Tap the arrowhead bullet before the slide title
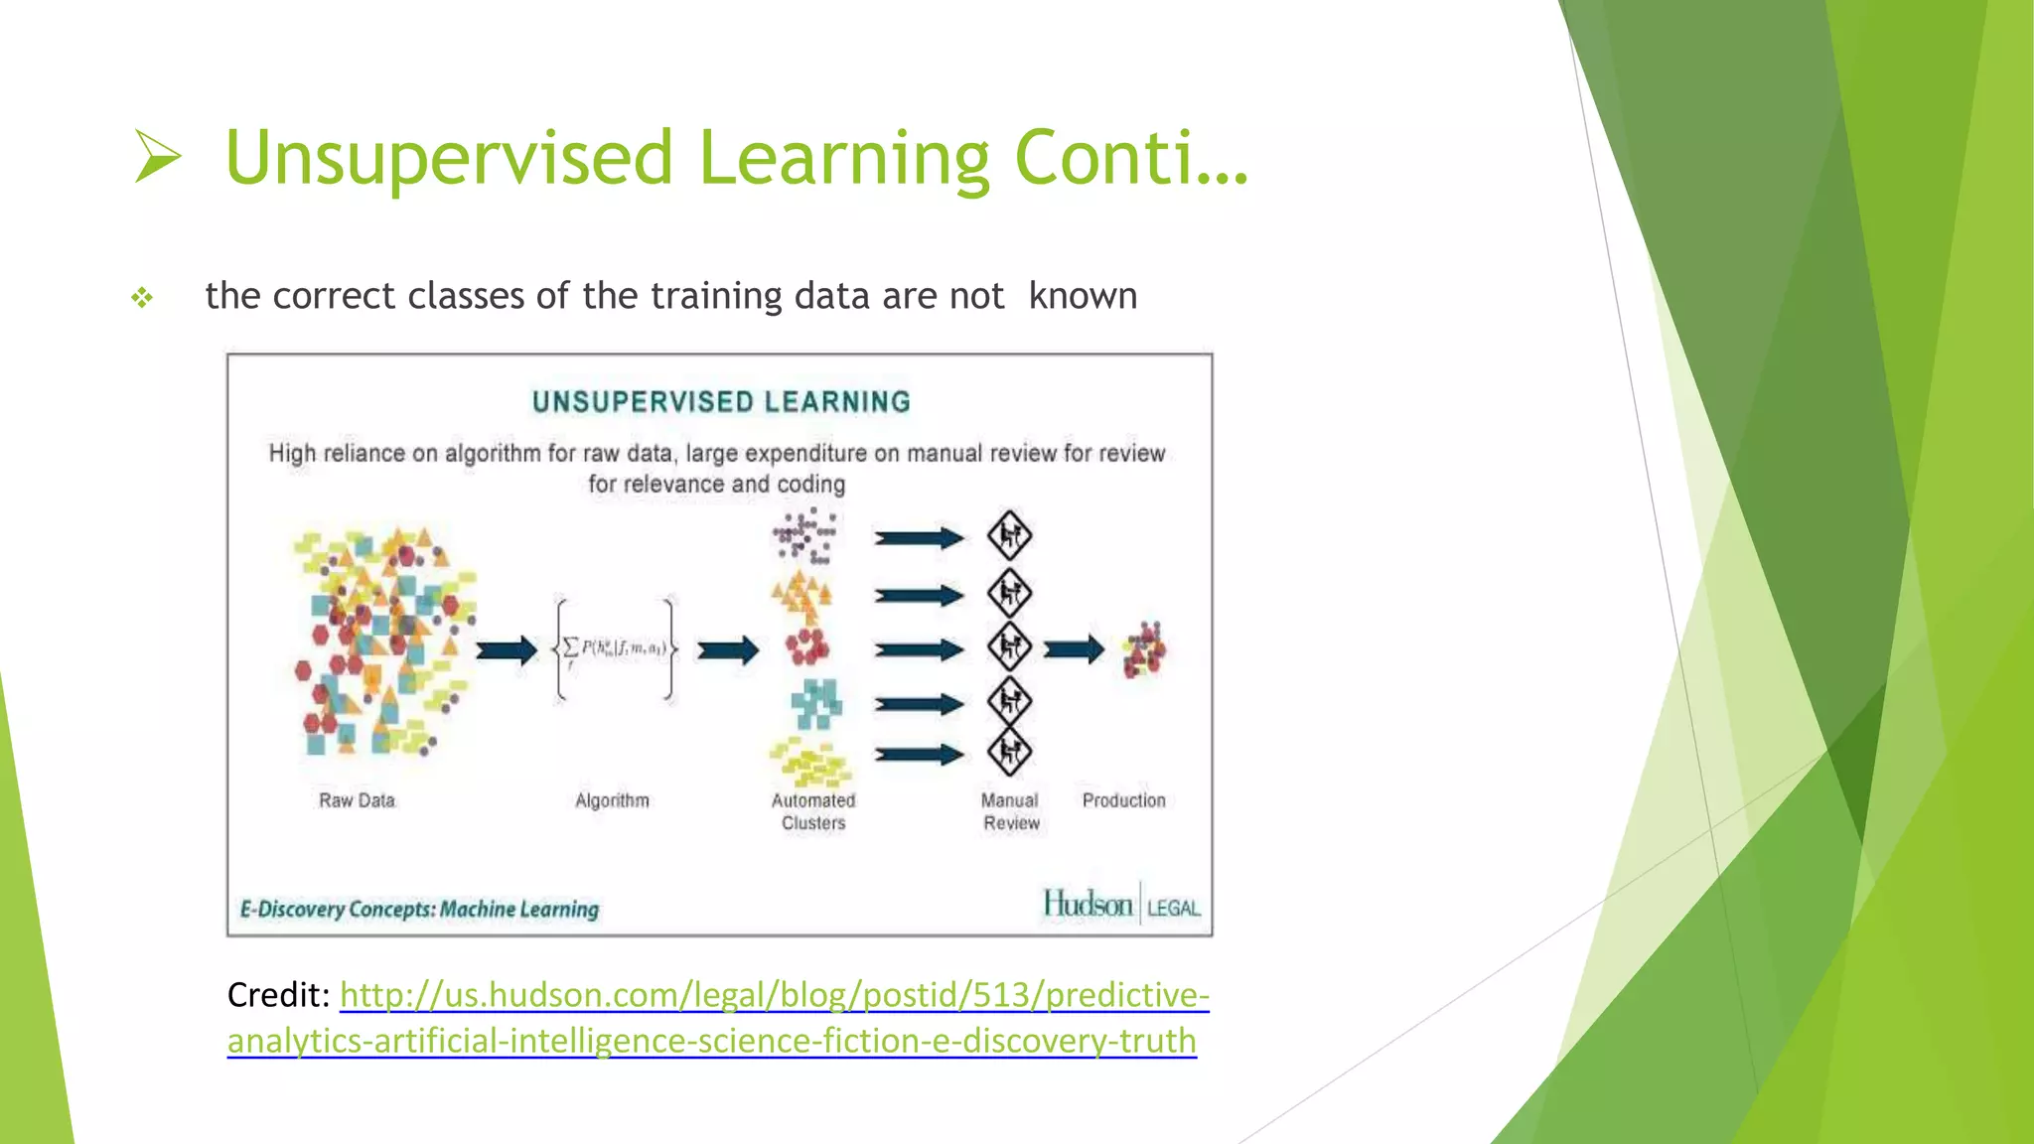[x=158, y=158]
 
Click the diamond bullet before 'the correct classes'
[x=142, y=297]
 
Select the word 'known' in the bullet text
[x=1083, y=296]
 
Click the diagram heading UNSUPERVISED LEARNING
[x=721, y=402]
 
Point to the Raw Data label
[x=357, y=800]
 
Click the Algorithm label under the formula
[x=612, y=800]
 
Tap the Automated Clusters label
[x=813, y=811]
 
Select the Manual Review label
[x=1010, y=811]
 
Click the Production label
[x=1123, y=800]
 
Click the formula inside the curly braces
[x=616, y=648]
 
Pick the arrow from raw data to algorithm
[x=506, y=651]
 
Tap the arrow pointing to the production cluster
[x=1074, y=649]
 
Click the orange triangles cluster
[x=801, y=594]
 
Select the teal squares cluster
[x=816, y=704]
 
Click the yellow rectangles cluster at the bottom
[x=810, y=763]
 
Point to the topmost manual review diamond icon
[x=1009, y=536]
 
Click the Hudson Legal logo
[x=1121, y=905]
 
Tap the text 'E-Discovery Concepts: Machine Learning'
[x=419, y=910]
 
